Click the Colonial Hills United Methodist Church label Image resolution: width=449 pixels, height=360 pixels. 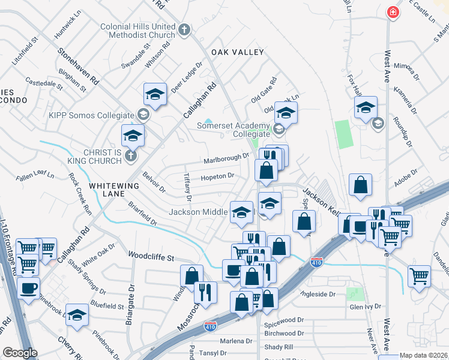pyautogui.click(x=137, y=31)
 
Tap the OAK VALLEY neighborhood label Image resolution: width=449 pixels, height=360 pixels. pyautogui.click(x=237, y=52)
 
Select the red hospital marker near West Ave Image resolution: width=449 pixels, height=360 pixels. pyautogui.click(x=393, y=12)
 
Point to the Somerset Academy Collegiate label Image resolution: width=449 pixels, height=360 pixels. pyautogui.click(x=234, y=130)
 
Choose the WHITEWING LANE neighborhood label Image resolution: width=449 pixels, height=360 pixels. pyautogui.click(x=114, y=186)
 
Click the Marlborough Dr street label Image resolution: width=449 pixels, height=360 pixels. pyautogui.click(x=226, y=158)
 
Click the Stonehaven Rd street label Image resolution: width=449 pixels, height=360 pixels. pyautogui.click(x=78, y=66)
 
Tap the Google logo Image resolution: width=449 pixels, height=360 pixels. pyautogui.click(x=19, y=353)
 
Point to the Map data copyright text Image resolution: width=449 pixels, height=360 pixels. pyautogui.click(x=424, y=355)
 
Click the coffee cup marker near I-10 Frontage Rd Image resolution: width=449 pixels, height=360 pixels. pyautogui.click(x=28, y=289)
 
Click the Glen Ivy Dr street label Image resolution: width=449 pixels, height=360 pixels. pyautogui.click(x=366, y=307)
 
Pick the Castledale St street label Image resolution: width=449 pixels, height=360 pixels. pyautogui.click(x=43, y=83)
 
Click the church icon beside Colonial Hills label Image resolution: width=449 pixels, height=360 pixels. pyautogui.click(x=185, y=28)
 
